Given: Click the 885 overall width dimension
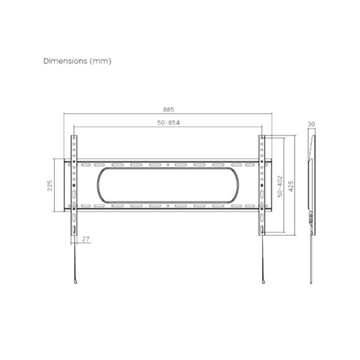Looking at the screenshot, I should tap(169, 110).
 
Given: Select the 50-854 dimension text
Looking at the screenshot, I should tap(169, 122).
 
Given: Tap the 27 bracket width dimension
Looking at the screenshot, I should tap(85, 239).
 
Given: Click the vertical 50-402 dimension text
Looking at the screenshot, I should tap(280, 185).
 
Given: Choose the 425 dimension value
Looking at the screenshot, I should tap(291, 185).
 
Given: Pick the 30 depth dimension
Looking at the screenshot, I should tap(311, 124).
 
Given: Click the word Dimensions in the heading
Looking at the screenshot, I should tap(66, 60).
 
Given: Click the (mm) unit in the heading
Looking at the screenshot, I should tap(101, 60).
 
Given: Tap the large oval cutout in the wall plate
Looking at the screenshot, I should tap(169, 184).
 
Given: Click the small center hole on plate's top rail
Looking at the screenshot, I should tap(169, 165).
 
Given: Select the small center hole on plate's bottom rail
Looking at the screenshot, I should tap(169, 205).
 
